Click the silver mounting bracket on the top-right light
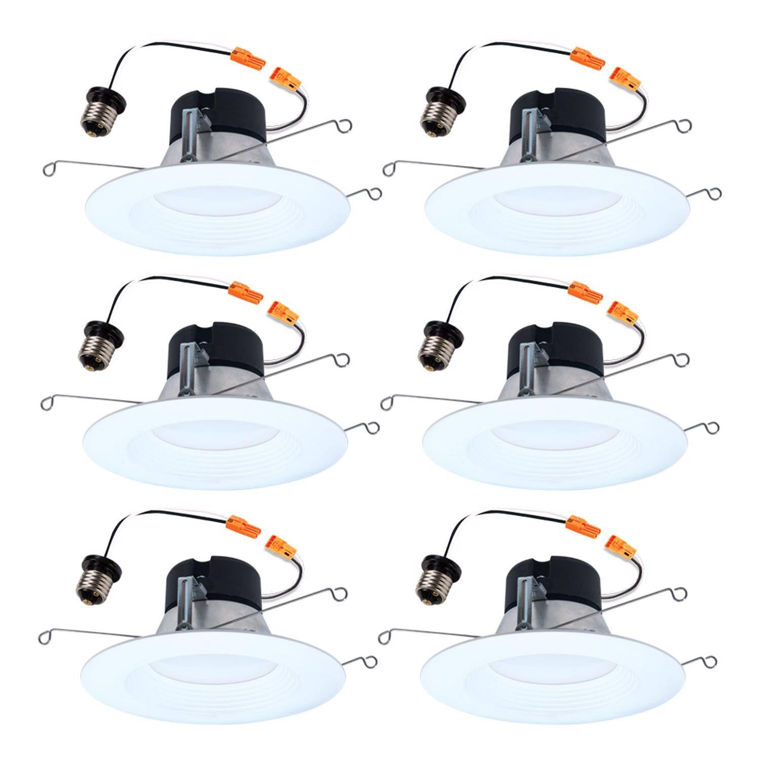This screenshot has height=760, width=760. coord(533,142)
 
